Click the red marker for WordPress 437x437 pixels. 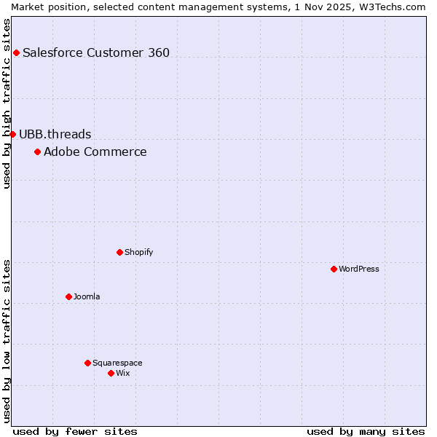(x=334, y=269)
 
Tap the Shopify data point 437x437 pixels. (x=119, y=252)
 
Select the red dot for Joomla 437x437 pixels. (x=68, y=296)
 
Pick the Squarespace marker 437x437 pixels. (x=87, y=363)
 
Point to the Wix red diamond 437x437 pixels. (x=111, y=373)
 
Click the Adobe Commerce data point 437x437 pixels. (x=37, y=151)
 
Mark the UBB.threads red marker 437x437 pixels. (x=12, y=134)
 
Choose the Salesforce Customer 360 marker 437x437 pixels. (x=16, y=52)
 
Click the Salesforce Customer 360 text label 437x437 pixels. (x=96, y=52)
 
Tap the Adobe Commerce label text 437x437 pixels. (x=95, y=151)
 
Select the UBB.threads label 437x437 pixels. (x=55, y=134)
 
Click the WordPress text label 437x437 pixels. (x=359, y=269)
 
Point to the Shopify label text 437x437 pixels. (x=138, y=252)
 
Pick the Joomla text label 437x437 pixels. (x=87, y=296)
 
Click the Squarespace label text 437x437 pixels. (x=117, y=363)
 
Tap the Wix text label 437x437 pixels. (x=123, y=373)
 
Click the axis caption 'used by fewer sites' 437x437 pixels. (x=75, y=431)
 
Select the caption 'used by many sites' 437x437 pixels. (x=366, y=431)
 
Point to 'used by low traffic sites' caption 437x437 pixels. (x=7, y=341)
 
